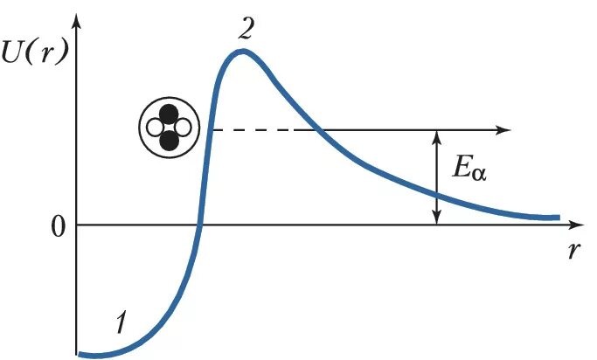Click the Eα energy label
point(469,170)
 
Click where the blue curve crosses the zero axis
point(201,225)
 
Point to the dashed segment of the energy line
point(263,130)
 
